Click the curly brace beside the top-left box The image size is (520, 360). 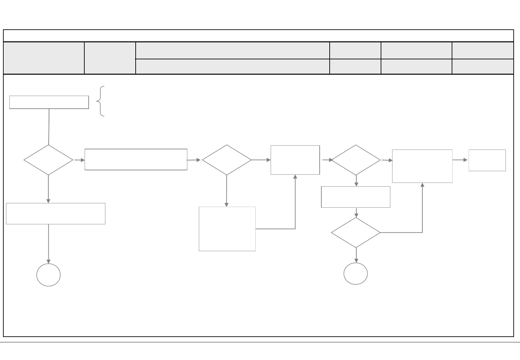100,101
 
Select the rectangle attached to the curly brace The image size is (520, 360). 49,102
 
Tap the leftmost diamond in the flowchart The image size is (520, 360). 48,160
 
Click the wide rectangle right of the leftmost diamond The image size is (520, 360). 136,160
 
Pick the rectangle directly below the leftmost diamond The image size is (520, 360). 56,214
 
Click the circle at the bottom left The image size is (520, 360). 48,275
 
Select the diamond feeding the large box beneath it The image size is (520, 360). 227,160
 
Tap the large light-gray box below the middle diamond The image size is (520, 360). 227,229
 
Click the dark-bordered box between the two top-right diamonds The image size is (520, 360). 295,160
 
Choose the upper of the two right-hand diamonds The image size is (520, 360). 356,160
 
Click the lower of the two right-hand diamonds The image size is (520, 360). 356,233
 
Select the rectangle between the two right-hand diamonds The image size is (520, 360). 356,197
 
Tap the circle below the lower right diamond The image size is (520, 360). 356,274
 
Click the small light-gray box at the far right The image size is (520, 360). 487,160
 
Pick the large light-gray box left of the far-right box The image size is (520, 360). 422,166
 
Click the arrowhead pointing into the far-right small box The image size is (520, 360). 466,160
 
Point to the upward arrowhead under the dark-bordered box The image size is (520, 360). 295,177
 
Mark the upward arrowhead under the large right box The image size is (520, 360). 422,185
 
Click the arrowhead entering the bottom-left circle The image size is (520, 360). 48,261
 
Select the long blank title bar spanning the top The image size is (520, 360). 258,36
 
